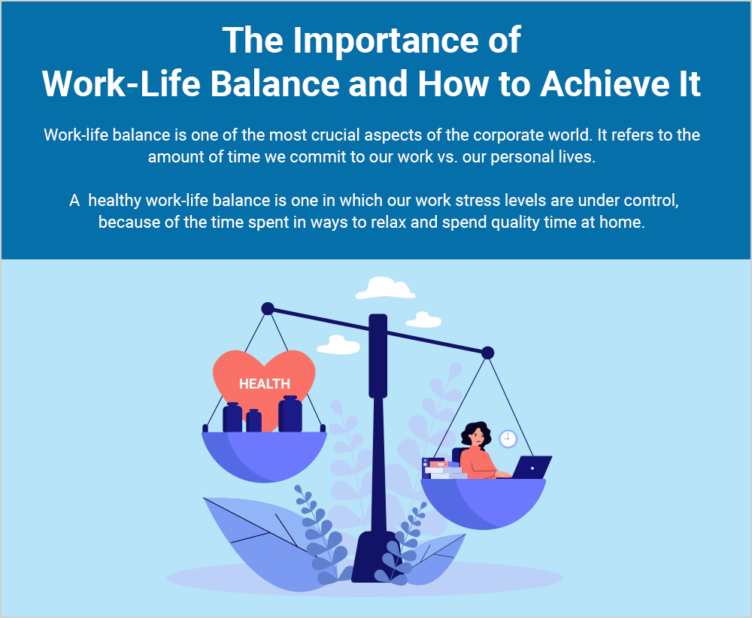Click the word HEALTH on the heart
[264, 383]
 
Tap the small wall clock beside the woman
[508, 438]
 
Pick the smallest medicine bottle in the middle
[253, 421]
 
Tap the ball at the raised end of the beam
[267, 308]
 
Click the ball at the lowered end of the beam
[487, 353]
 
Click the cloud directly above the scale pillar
[385, 289]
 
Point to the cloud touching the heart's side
[338, 345]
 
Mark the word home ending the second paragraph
[626, 223]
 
